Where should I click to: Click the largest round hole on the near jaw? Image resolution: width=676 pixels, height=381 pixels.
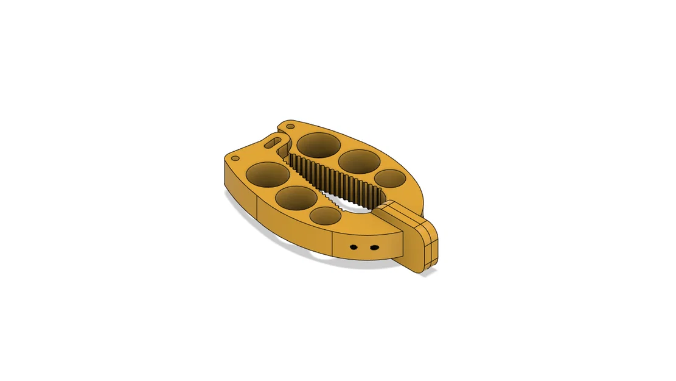(268, 174)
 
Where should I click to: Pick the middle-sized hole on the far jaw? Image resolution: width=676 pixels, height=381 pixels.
(359, 162)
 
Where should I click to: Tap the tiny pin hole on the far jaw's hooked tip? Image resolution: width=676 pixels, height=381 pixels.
(290, 126)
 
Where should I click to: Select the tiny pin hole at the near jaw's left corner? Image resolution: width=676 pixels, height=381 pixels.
(234, 158)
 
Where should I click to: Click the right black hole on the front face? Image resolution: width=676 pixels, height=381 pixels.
(374, 247)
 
